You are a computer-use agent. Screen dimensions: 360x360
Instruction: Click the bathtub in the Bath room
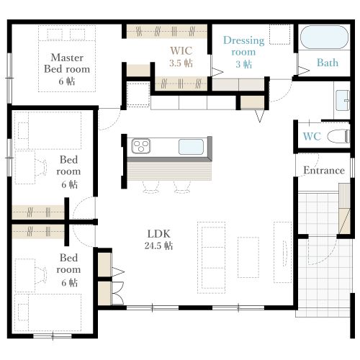[324, 37]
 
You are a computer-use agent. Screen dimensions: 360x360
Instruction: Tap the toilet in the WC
[338, 137]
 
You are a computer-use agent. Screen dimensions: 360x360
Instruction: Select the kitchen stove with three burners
[141, 146]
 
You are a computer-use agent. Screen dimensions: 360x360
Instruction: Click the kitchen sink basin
[191, 147]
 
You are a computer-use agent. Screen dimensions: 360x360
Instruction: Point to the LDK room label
[158, 233]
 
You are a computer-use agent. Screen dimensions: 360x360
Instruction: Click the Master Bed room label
[67, 63]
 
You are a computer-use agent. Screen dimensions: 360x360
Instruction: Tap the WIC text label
[181, 50]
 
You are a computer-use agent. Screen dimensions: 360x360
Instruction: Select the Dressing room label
[243, 46]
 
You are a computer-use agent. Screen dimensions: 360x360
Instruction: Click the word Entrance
[324, 171]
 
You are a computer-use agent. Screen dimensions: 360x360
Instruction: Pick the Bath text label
[328, 63]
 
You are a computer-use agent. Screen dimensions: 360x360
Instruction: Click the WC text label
[312, 136]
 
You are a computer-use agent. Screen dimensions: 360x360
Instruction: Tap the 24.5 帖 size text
[158, 246]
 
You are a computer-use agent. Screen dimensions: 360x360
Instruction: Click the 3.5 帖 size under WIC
[181, 63]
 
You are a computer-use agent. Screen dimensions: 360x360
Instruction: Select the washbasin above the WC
[343, 100]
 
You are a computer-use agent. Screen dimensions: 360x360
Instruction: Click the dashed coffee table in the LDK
[248, 257]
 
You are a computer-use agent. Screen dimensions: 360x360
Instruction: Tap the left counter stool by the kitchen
[150, 186]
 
